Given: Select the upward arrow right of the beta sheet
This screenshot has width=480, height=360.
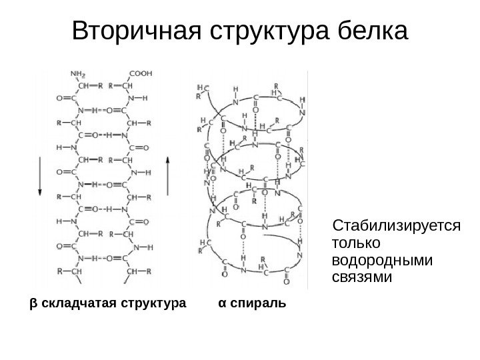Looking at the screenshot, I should pyautogui.click(x=168, y=175).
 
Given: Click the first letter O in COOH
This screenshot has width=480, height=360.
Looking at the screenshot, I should pyautogui.click(x=138, y=74).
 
